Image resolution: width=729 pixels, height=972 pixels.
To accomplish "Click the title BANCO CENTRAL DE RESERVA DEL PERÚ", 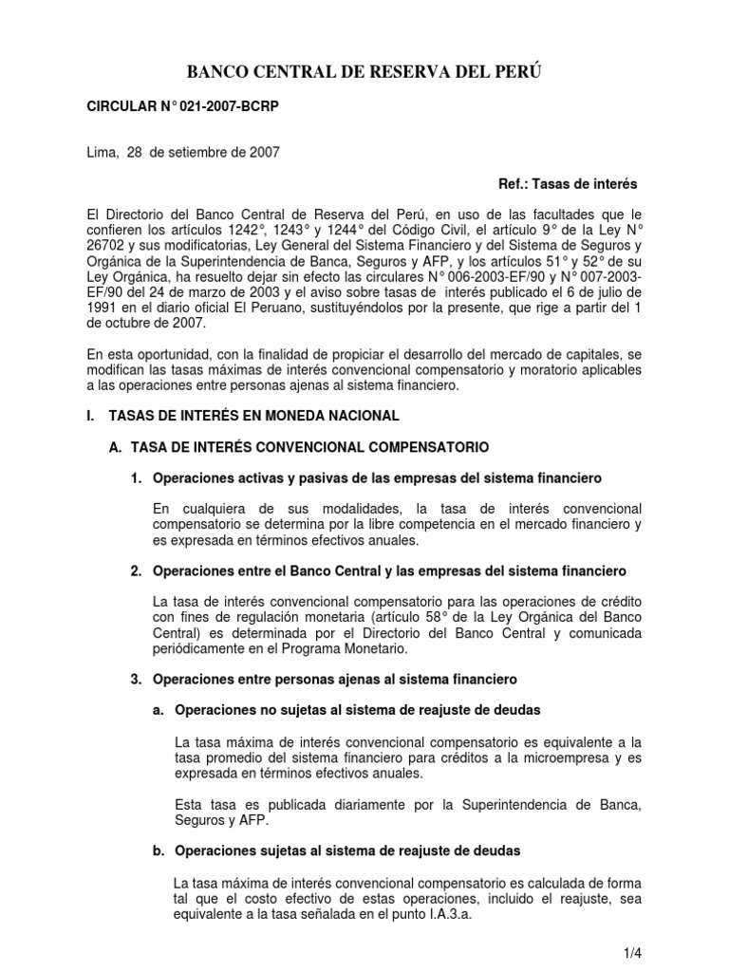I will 365,72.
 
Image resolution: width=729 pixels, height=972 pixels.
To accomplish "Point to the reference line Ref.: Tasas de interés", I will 568,183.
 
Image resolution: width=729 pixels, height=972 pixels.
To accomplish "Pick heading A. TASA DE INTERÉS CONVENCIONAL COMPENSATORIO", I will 299,445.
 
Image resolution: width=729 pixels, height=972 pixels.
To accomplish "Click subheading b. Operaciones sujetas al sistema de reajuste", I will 336,850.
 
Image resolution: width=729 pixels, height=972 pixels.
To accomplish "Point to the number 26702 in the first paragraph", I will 105,257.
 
